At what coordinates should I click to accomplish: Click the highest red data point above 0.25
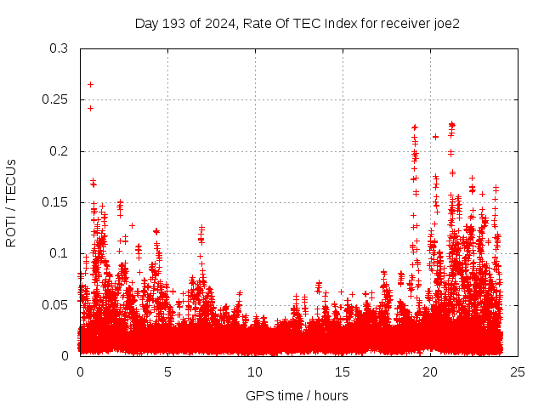click(x=90, y=84)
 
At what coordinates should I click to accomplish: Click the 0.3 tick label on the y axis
click(x=59, y=49)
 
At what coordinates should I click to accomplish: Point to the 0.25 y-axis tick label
click(x=55, y=100)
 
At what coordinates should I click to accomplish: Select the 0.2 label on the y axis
click(x=59, y=151)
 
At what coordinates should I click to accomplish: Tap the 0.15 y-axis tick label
click(x=55, y=202)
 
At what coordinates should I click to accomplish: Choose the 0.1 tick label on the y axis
click(x=59, y=253)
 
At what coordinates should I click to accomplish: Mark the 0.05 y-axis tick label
click(x=55, y=304)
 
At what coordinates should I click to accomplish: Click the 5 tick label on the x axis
click(x=167, y=371)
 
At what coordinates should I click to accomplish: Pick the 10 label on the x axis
click(x=255, y=371)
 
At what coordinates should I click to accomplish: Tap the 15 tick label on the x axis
click(x=343, y=371)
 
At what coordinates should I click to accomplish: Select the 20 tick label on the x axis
click(x=430, y=371)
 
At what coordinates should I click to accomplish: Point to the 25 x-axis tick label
click(x=518, y=371)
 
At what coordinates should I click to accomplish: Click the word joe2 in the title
click(x=445, y=24)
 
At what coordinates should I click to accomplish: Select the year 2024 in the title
click(x=217, y=24)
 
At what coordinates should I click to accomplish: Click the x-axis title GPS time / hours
click(x=297, y=395)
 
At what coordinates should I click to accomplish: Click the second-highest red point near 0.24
click(x=90, y=108)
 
